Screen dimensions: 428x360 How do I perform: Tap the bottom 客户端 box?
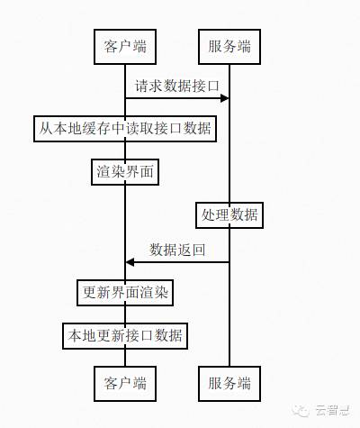click(x=125, y=381)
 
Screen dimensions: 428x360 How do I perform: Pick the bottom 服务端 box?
click(x=229, y=381)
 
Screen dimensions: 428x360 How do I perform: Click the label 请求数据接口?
click(x=177, y=86)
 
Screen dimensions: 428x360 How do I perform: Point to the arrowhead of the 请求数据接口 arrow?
click(x=225, y=96)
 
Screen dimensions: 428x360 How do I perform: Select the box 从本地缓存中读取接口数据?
click(x=125, y=128)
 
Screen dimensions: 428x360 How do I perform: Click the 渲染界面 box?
click(x=125, y=170)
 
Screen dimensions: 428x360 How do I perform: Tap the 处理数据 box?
click(x=229, y=215)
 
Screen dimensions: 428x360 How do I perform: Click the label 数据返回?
click(x=177, y=250)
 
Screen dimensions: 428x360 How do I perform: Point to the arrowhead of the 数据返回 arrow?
click(x=130, y=261)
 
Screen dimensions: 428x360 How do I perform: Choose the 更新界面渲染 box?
click(x=125, y=292)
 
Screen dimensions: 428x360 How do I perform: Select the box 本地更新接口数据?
click(x=125, y=336)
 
